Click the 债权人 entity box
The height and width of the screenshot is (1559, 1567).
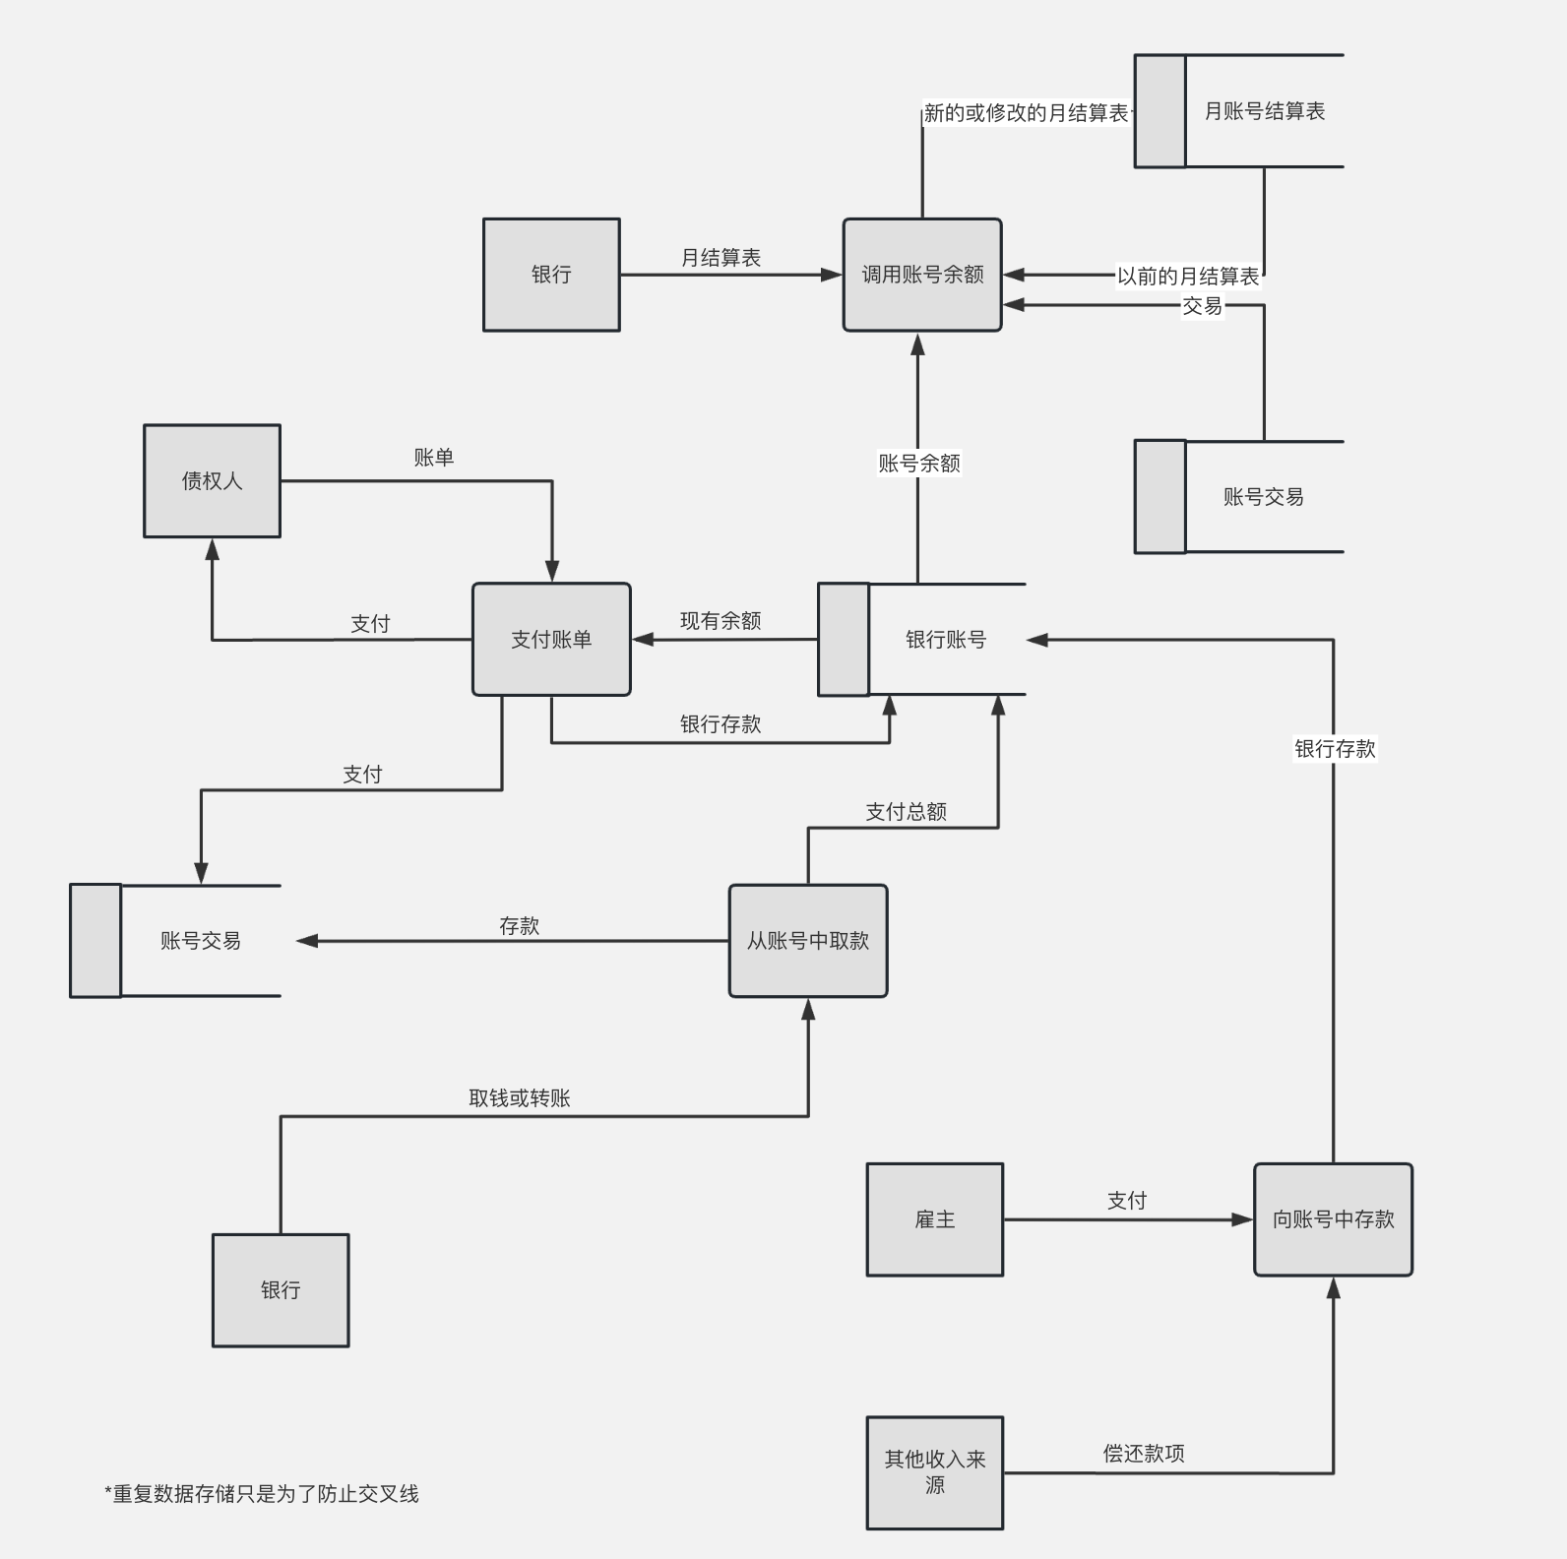click(x=212, y=481)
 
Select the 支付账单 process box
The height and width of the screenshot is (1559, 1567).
click(x=551, y=640)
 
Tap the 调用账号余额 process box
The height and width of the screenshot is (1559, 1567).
click(x=922, y=275)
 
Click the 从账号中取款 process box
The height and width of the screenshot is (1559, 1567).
click(x=808, y=941)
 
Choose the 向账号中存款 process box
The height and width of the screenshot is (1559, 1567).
click(x=1333, y=1219)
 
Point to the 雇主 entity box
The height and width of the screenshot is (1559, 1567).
click(x=935, y=1219)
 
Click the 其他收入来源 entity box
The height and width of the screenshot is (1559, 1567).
click(x=935, y=1472)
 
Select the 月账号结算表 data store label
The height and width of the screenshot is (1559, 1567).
click(x=1264, y=111)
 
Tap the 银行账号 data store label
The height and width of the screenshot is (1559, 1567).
click(x=945, y=640)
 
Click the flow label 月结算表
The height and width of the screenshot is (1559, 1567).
click(x=721, y=258)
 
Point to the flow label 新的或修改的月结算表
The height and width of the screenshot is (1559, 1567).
click(x=1026, y=113)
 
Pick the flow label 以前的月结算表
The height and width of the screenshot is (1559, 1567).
click(x=1188, y=277)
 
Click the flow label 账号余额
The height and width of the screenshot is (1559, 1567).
click(x=918, y=464)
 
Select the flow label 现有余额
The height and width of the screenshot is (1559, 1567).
click(x=721, y=621)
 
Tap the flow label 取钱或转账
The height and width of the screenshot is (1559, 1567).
click(x=520, y=1098)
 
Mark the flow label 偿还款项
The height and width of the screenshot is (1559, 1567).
click(x=1144, y=1454)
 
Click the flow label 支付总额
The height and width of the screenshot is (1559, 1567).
click(x=906, y=812)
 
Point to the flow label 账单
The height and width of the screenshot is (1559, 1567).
click(x=433, y=458)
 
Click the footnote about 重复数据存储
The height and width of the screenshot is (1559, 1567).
click(x=262, y=1494)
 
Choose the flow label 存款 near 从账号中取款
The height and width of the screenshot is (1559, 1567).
click(x=519, y=926)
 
